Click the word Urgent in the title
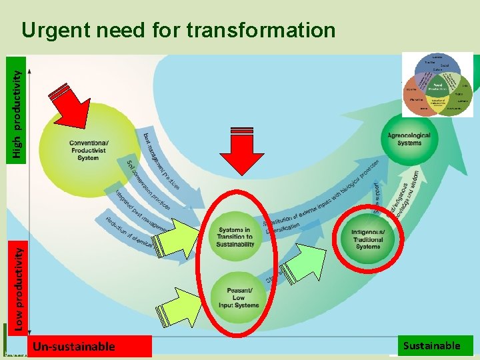(x=55, y=30)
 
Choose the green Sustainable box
(x=431, y=345)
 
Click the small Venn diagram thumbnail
(x=437, y=85)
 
